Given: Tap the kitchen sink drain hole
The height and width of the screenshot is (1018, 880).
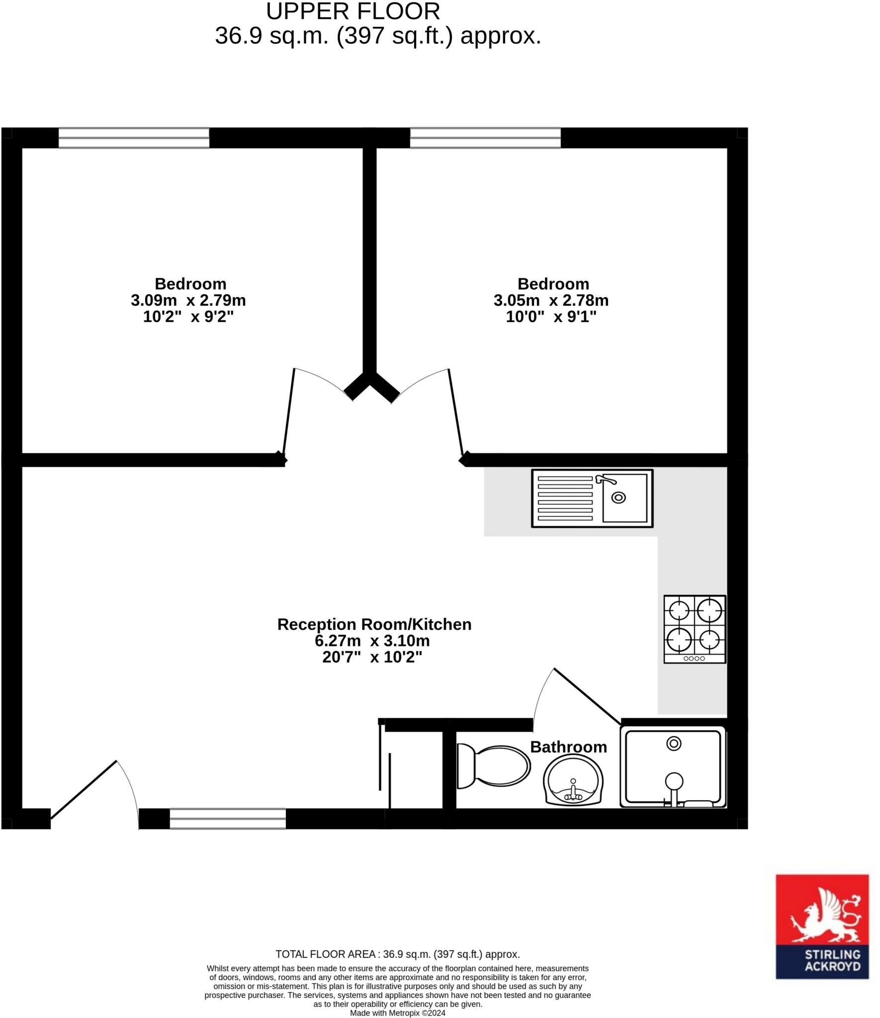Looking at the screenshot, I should click(618, 497).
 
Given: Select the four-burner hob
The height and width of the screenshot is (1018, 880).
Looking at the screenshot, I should click(695, 629).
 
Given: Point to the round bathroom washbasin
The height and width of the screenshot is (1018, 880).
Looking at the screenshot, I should click(573, 780).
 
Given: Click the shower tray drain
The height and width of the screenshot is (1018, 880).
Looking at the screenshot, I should click(674, 744).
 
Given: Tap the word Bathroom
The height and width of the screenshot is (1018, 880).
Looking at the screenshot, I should click(568, 747).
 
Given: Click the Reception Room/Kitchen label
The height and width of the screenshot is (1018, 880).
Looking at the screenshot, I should click(374, 624).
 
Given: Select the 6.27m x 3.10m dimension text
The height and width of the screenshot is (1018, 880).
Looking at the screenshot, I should click(372, 641).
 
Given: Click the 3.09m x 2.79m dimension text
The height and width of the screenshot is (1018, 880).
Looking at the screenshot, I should click(188, 300).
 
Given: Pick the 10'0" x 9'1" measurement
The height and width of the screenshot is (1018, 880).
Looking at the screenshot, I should click(551, 317).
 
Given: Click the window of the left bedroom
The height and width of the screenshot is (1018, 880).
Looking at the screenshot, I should click(134, 138).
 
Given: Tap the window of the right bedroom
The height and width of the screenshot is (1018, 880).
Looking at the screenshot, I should click(485, 138).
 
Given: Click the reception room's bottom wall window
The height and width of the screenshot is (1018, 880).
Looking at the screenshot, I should click(228, 819).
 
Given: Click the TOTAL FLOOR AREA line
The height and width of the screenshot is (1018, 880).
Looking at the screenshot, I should click(397, 954).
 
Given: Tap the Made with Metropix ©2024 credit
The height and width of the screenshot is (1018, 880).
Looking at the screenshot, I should click(397, 1013).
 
